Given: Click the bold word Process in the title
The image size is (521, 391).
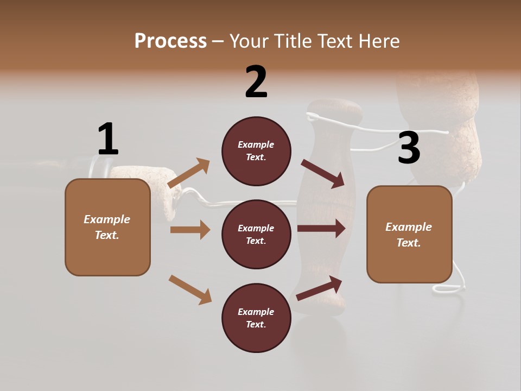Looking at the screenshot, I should [170, 41].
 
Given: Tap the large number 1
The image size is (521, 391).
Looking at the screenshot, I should [108, 139].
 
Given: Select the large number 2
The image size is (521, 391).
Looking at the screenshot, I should [256, 82].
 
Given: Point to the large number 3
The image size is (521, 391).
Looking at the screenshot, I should [409, 148].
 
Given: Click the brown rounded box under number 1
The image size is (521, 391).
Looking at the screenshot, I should [107, 227].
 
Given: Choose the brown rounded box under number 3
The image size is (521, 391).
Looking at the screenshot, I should [409, 234].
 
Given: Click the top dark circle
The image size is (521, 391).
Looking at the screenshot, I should [256, 151].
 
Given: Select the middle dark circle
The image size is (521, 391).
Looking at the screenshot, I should [256, 234].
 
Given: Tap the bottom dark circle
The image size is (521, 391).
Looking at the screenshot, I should [256, 318].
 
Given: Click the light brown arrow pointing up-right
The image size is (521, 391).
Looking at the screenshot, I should [189, 173].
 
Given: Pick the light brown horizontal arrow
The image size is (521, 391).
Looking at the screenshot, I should [190, 230].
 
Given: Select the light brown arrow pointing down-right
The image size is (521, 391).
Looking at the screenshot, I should [190, 289].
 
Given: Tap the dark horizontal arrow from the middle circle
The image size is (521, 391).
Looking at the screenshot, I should [321, 228].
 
